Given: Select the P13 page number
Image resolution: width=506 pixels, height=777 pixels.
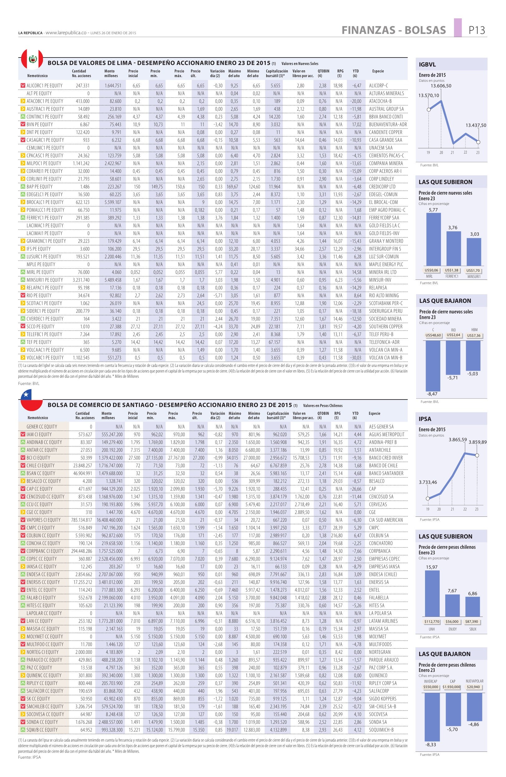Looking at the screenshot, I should point(477,30).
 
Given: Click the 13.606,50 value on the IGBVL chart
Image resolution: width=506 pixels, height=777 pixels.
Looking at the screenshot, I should point(441,86).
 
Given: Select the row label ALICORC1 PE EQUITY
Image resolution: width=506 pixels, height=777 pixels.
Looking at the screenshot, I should point(44,86).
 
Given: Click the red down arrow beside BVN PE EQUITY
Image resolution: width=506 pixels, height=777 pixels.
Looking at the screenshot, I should point(22,124).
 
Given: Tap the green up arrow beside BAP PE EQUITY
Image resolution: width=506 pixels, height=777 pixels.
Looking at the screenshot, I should point(22,187).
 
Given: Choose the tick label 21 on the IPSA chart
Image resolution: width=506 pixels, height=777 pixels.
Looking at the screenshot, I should point(452,509).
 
